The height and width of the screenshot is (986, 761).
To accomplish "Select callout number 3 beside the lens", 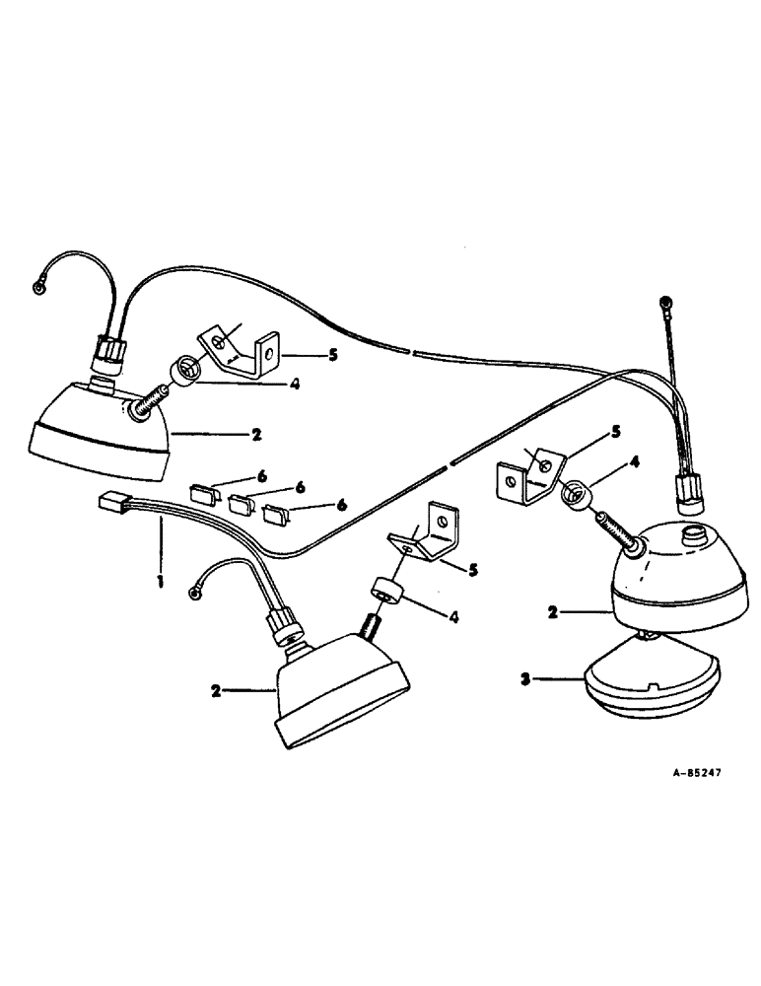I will [x=524, y=678].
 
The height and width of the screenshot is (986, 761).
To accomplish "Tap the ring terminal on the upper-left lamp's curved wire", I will [x=38, y=288].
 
